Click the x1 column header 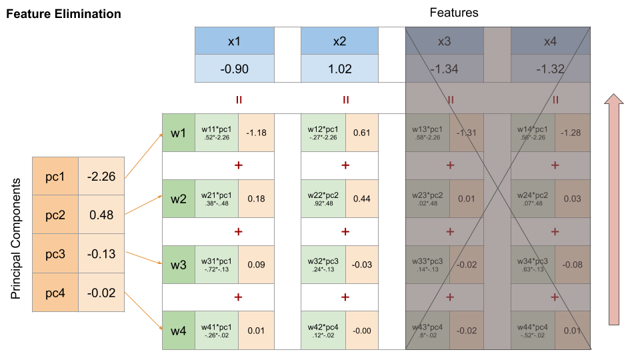(x=234, y=41)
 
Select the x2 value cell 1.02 (x=339, y=69)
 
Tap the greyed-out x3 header (x=445, y=41)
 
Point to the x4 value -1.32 (x=550, y=69)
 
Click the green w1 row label (x=178, y=133)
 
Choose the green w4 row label (x=178, y=330)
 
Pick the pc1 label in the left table (x=55, y=177)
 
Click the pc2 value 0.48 (x=101, y=215)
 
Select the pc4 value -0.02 (x=101, y=292)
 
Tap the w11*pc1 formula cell (x=217, y=133)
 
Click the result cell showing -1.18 (x=256, y=133)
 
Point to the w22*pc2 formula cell (x=323, y=198)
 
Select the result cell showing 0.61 (x=362, y=133)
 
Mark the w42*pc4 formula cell (x=323, y=330)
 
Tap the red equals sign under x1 (x=239, y=100)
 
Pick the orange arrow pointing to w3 (x=143, y=258)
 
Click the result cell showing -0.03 (x=362, y=265)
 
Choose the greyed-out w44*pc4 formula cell (x=533, y=330)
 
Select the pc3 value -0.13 (x=101, y=253)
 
